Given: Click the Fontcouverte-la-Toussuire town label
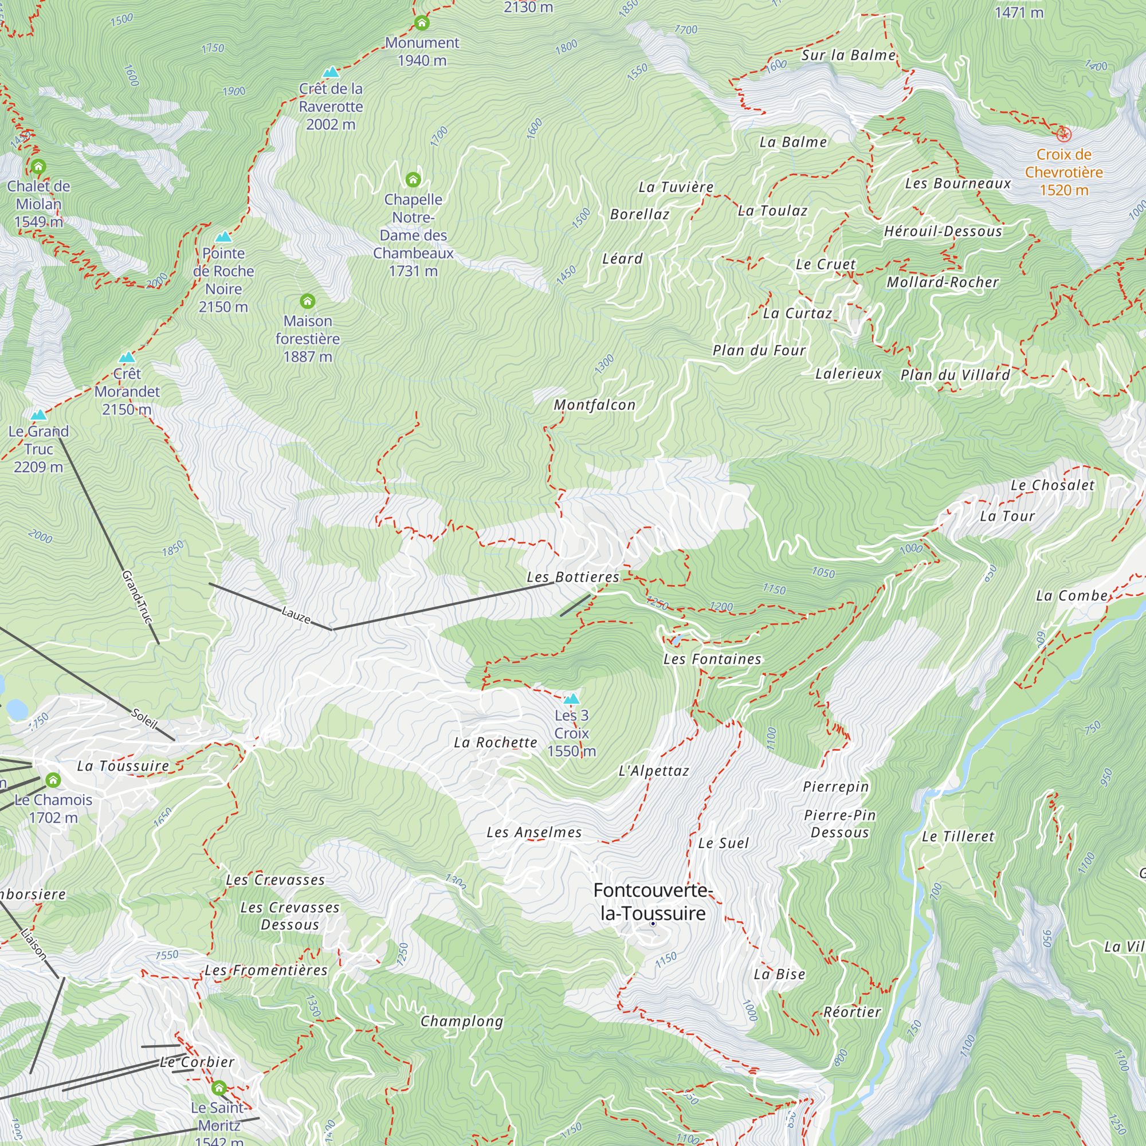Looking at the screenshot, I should [x=652, y=901].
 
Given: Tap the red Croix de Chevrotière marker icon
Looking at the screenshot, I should [x=1063, y=135].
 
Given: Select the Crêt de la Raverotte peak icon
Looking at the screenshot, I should [x=331, y=72].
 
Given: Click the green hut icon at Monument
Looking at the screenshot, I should [x=422, y=23].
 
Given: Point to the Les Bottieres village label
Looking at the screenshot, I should [x=572, y=576].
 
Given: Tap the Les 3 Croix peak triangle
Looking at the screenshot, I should [x=571, y=698].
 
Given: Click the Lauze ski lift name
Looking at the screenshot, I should [x=296, y=614].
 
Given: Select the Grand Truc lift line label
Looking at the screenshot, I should [x=137, y=596].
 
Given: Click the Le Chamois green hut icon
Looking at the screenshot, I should [x=53, y=779].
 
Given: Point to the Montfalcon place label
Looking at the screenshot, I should [x=594, y=405].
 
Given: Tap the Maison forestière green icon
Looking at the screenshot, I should [x=307, y=301].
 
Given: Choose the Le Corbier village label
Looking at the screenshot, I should [x=197, y=1062].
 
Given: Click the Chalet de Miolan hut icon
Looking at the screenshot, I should [x=38, y=167].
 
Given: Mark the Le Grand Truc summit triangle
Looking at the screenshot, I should [x=38, y=415].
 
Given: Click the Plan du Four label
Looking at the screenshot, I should [x=759, y=350].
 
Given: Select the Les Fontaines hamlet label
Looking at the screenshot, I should [x=712, y=659].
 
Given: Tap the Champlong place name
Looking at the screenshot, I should [x=461, y=1021].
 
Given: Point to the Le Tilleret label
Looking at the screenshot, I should [x=957, y=837].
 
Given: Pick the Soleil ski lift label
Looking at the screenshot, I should [x=144, y=718].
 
